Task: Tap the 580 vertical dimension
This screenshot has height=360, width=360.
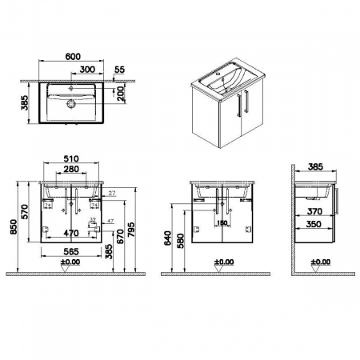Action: [x=182, y=239]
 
